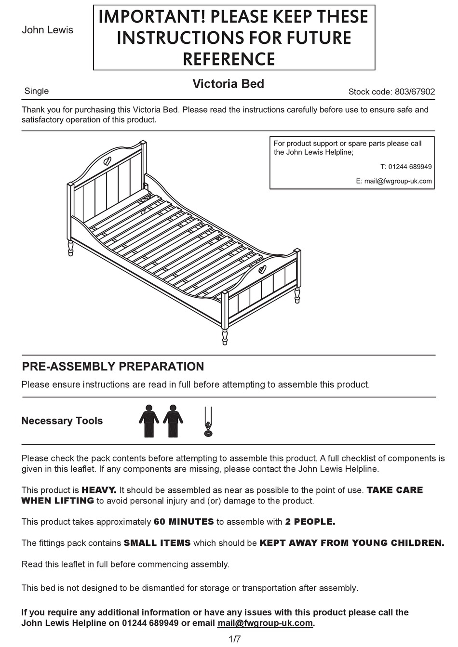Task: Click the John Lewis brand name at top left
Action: pos(47,30)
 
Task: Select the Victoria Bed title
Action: pos(228,84)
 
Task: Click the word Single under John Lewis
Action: pos(36,91)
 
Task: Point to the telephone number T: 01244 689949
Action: pos(406,167)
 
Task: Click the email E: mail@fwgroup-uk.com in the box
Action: pos(394,181)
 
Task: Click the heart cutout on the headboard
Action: pos(108,160)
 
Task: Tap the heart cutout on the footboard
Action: pos(262,269)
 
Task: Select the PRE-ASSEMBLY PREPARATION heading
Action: pos(113,367)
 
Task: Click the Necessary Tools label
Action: pos(62,421)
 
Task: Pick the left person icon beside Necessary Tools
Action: pos(148,421)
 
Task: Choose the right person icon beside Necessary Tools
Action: pos(173,421)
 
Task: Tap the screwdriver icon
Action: pos(208,422)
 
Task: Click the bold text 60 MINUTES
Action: pos(183,522)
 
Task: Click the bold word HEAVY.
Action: pos(99,490)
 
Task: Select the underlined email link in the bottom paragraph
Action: pos(265,623)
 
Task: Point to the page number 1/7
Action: pos(234,639)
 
